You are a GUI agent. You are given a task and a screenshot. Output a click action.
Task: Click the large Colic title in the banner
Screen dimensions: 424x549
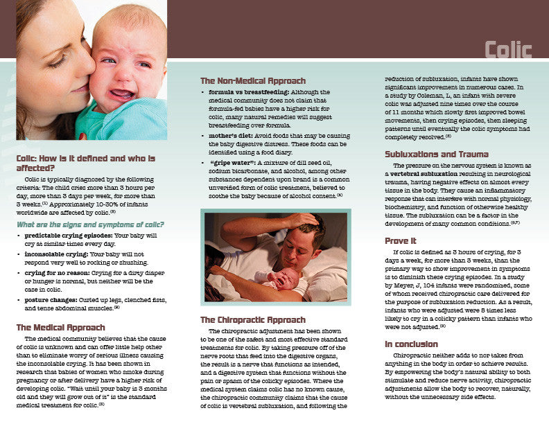tap(508, 50)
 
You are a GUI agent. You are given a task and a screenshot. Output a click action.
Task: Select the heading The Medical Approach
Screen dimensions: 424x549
tap(61, 327)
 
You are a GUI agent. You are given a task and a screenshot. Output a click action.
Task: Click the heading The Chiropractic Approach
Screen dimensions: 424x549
tap(252, 320)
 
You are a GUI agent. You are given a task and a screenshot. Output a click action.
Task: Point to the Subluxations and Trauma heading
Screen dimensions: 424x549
tap(437, 154)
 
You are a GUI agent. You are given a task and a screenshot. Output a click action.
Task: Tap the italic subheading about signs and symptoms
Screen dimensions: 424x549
tap(90, 224)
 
